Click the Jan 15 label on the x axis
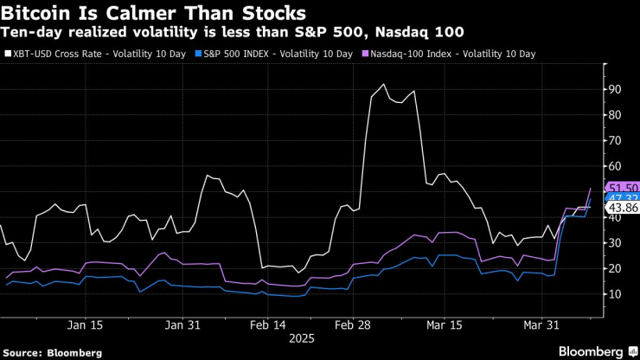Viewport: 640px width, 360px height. point(86,325)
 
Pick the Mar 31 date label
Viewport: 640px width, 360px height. point(542,325)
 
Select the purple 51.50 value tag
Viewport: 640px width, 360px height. point(622,188)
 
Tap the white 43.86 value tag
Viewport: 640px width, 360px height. point(622,209)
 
